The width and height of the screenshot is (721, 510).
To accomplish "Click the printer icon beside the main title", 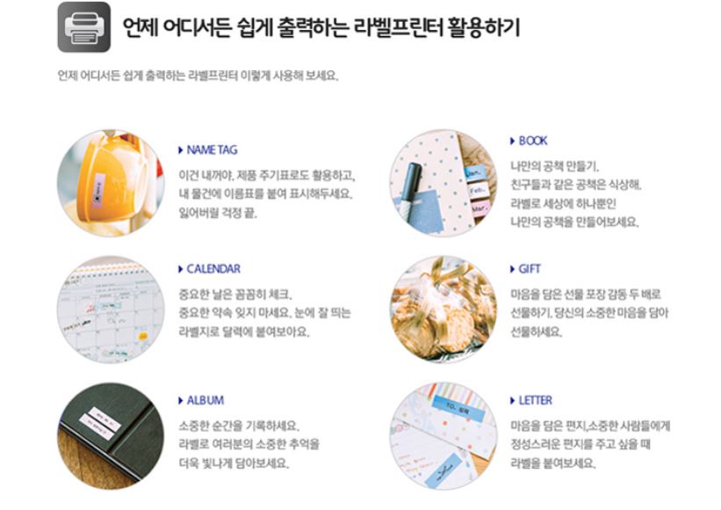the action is [83, 27].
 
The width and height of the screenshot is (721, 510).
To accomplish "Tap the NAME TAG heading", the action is [212, 150].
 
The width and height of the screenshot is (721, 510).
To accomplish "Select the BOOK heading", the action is [533, 141].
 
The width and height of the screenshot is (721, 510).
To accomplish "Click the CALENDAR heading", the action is [213, 269].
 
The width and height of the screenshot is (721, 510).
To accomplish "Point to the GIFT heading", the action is [530, 269].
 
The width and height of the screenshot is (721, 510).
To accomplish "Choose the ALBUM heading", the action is [205, 400].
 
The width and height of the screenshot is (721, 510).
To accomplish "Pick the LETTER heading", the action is [535, 400].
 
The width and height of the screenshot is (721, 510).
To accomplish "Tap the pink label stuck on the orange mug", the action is [98, 190].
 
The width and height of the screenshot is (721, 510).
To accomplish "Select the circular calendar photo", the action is [111, 310].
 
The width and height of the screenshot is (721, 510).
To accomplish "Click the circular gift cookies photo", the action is [443, 310].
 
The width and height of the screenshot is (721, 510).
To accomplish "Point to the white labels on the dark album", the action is [100, 424].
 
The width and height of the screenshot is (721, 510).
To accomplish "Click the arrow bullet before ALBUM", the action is [181, 400].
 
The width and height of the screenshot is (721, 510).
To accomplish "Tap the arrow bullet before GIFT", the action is [512, 269].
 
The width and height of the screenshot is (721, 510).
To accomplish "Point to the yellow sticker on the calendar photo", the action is [143, 337].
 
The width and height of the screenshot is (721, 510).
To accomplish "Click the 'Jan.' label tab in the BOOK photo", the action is [473, 174].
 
